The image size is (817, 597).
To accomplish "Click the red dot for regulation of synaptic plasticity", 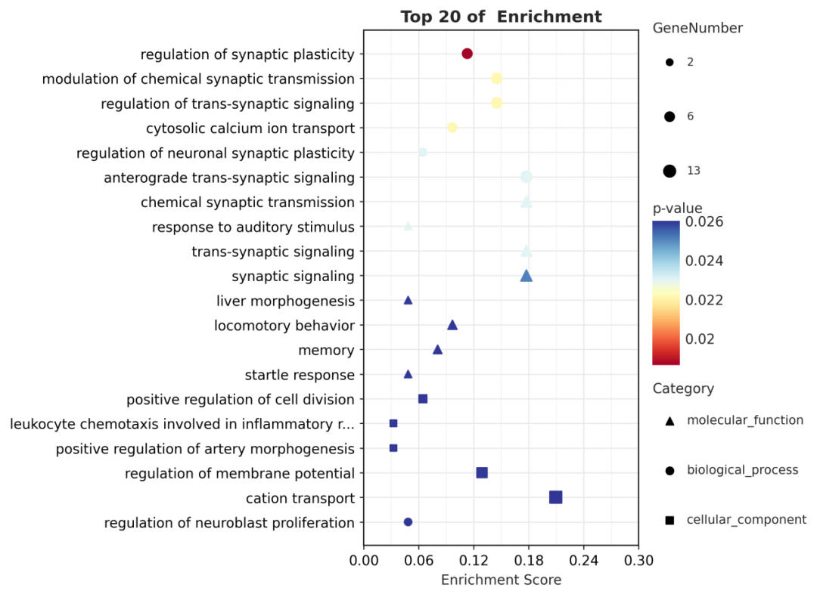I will [467, 54].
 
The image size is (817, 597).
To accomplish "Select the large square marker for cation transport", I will [555, 497].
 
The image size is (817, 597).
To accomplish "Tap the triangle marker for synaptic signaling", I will [527, 276].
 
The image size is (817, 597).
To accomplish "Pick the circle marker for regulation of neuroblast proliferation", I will [408, 522].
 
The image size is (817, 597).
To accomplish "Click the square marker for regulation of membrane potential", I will [482, 473].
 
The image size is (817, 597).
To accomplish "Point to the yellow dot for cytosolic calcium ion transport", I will [452, 128].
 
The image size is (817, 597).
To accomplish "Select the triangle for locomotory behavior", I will [452, 325].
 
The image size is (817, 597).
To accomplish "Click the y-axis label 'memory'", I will [326, 351].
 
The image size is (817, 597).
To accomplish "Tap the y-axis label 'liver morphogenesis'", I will [285, 302].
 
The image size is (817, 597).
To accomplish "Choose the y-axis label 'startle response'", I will [300, 376].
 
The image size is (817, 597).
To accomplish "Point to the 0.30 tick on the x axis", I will [638, 561].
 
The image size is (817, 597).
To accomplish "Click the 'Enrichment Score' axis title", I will [501, 580].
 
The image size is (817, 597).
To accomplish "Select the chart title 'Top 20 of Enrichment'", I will [501, 17].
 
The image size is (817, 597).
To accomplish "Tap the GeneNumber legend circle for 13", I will [669, 171].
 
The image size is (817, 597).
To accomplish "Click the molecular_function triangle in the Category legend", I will [669, 421].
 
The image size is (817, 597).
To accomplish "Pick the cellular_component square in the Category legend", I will [669, 520].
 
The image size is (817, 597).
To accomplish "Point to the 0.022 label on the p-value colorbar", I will [704, 300].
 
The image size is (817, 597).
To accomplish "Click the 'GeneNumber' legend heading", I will [697, 29].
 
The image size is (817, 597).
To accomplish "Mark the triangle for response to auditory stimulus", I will [408, 226].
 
